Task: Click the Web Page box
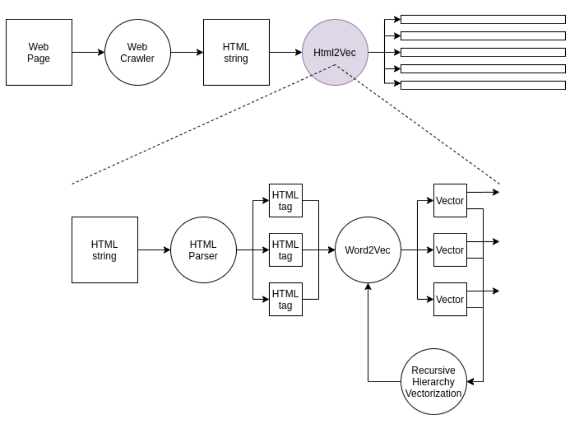click(x=39, y=52)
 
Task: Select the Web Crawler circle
click(x=138, y=52)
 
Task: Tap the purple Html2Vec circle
click(x=335, y=52)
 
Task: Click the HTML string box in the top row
click(x=236, y=52)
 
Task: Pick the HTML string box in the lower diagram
click(x=105, y=250)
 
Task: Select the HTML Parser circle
click(x=203, y=250)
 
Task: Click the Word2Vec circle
click(x=368, y=250)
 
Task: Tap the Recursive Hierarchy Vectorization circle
click(x=434, y=382)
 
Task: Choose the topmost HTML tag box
click(x=286, y=201)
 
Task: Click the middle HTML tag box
click(x=286, y=250)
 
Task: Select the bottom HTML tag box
click(x=286, y=299)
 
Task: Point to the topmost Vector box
click(x=450, y=201)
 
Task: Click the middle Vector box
click(x=450, y=250)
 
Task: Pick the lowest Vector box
click(x=450, y=299)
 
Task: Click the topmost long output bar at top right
click(x=483, y=19)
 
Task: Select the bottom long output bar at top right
click(x=483, y=85)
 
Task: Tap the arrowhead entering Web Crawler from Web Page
click(x=101, y=52)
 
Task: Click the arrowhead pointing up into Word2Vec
click(x=368, y=287)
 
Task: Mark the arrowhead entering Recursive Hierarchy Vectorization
click(x=470, y=382)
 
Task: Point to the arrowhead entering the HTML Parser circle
click(x=167, y=250)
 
